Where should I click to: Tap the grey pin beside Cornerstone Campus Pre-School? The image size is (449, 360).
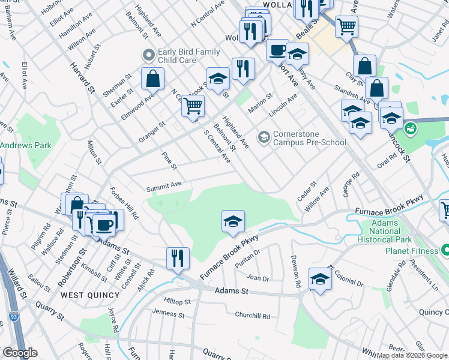click(263, 137)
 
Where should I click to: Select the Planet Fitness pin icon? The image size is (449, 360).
click(445, 249)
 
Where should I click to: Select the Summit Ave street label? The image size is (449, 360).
click(164, 188)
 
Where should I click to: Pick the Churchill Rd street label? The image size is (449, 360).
click(252, 316)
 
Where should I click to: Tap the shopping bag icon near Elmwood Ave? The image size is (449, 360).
click(154, 78)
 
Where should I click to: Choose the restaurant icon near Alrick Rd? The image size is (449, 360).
click(178, 258)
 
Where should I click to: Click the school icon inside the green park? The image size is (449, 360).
click(233, 221)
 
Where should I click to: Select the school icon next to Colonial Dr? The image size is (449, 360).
click(320, 278)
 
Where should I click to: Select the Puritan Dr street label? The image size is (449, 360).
click(248, 258)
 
